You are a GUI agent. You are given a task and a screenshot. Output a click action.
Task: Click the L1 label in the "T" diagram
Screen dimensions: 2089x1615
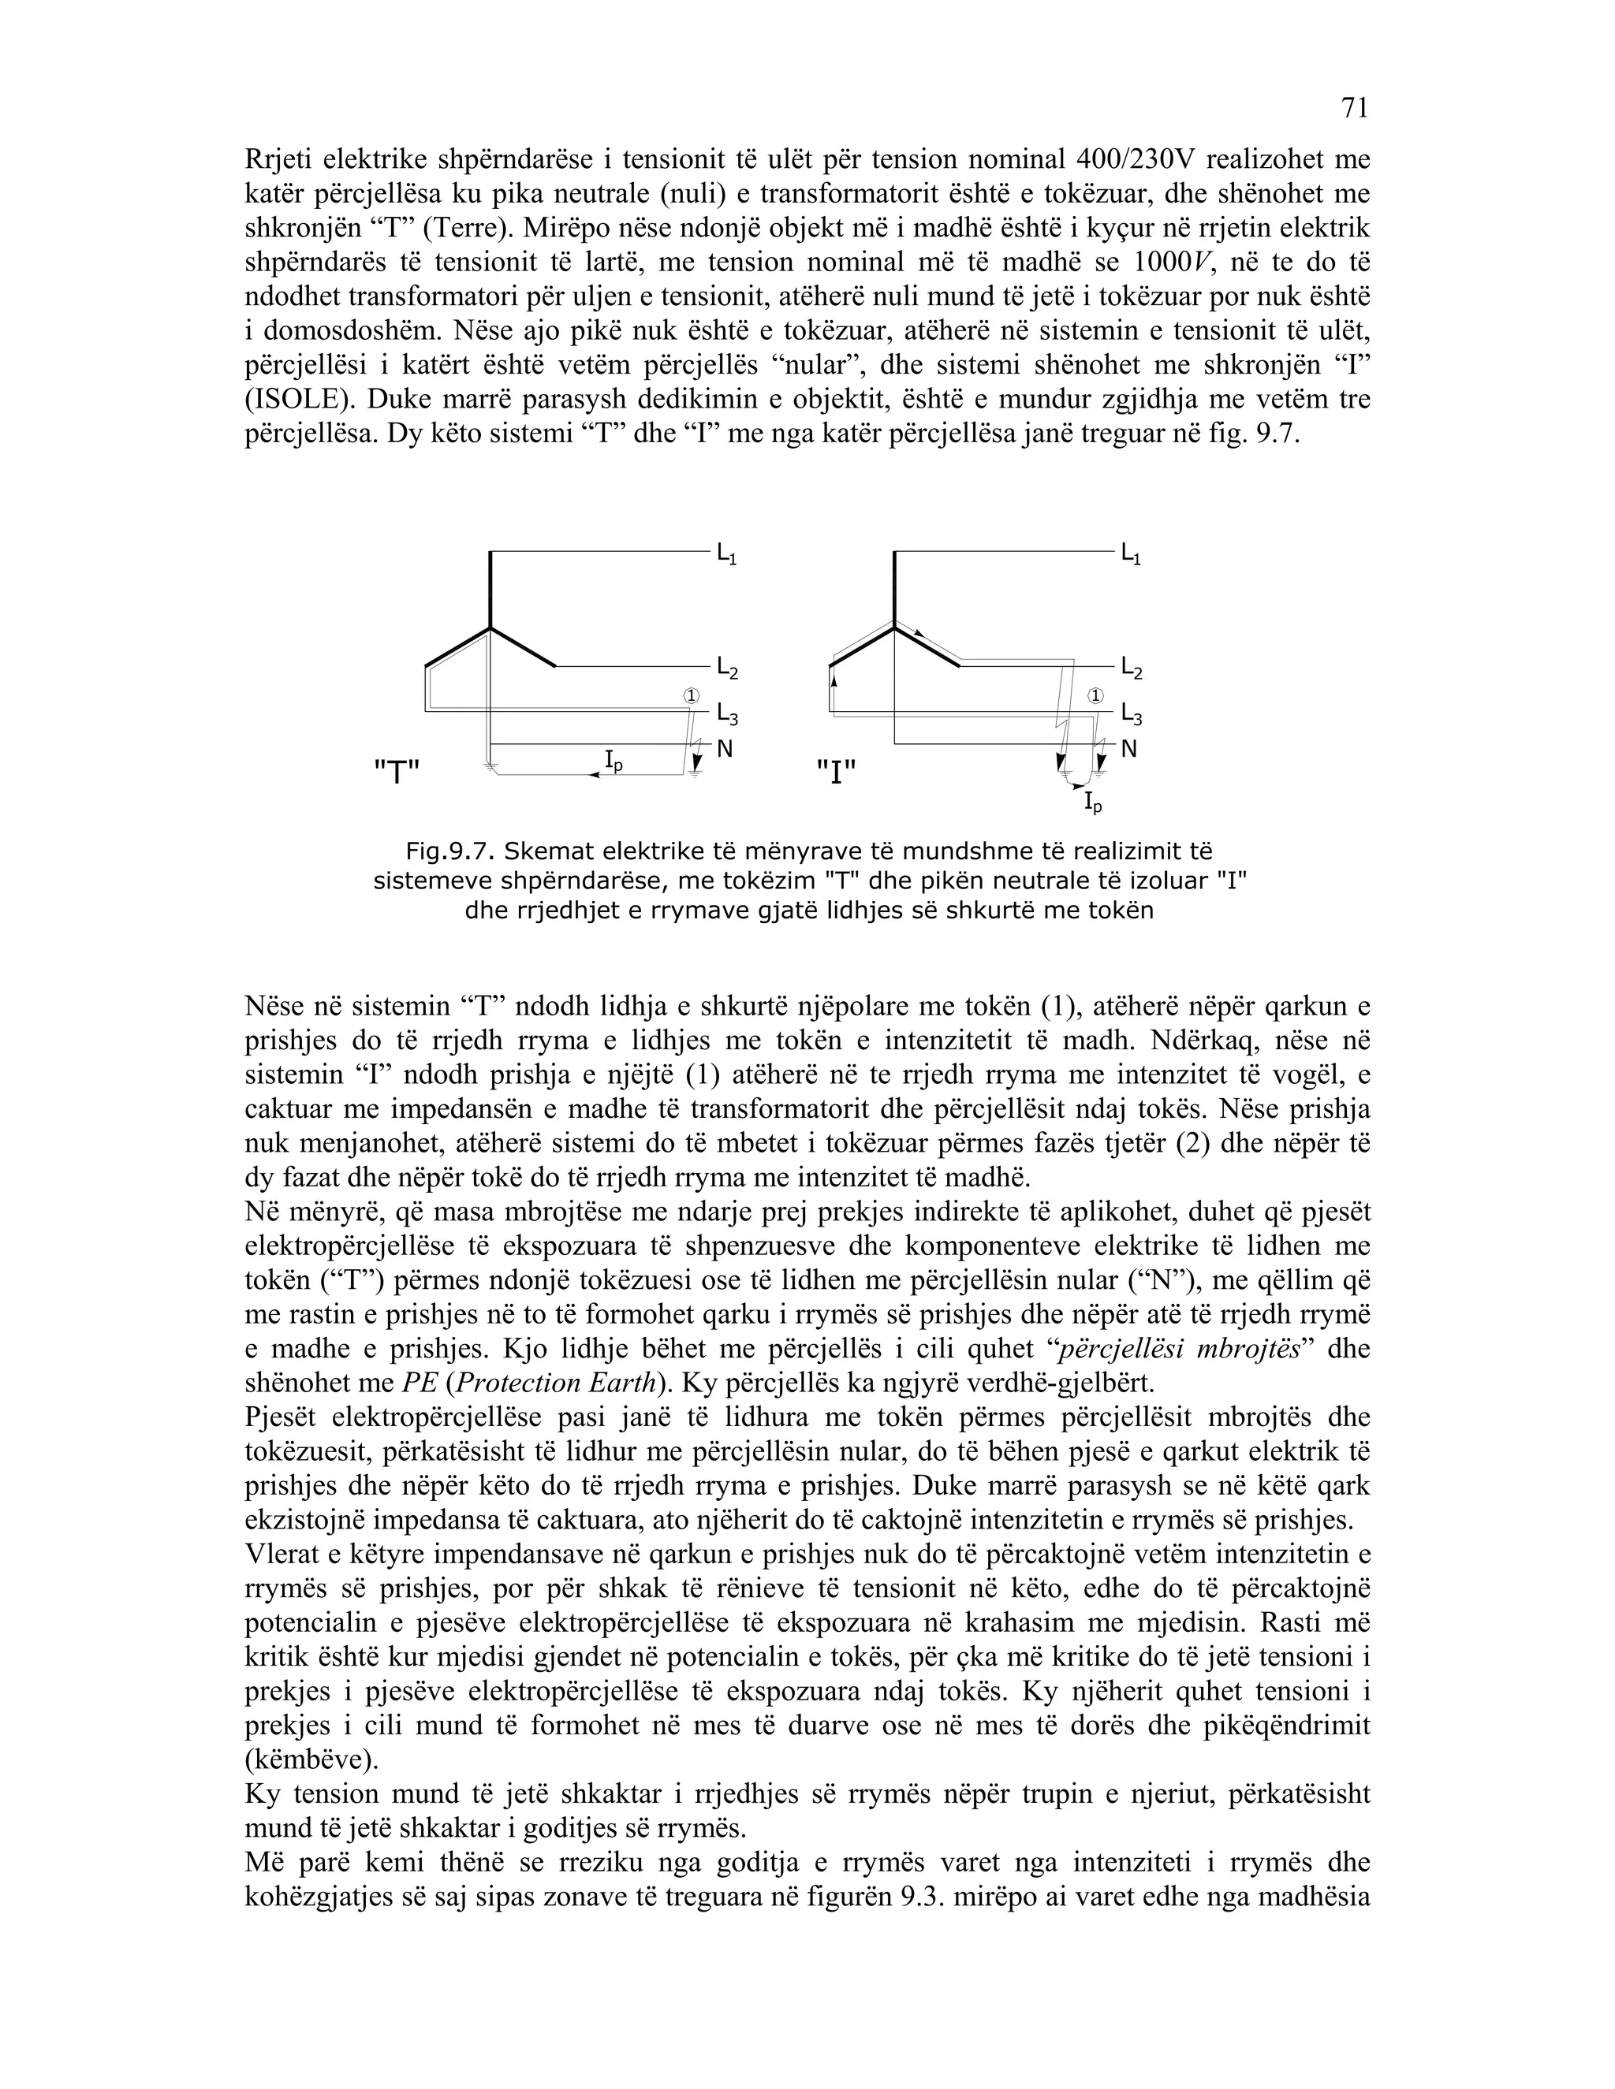coord(726,555)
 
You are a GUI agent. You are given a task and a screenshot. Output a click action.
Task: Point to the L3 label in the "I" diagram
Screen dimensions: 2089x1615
coord(1131,714)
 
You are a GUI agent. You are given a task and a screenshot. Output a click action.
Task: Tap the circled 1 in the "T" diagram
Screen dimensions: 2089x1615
coord(692,695)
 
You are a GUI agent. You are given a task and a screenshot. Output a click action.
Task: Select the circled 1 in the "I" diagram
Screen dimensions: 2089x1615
coord(1096,695)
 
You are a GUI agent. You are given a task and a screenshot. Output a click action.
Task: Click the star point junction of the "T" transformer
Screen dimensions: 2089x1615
coord(490,628)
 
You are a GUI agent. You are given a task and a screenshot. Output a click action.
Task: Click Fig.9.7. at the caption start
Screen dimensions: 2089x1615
coord(449,851)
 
